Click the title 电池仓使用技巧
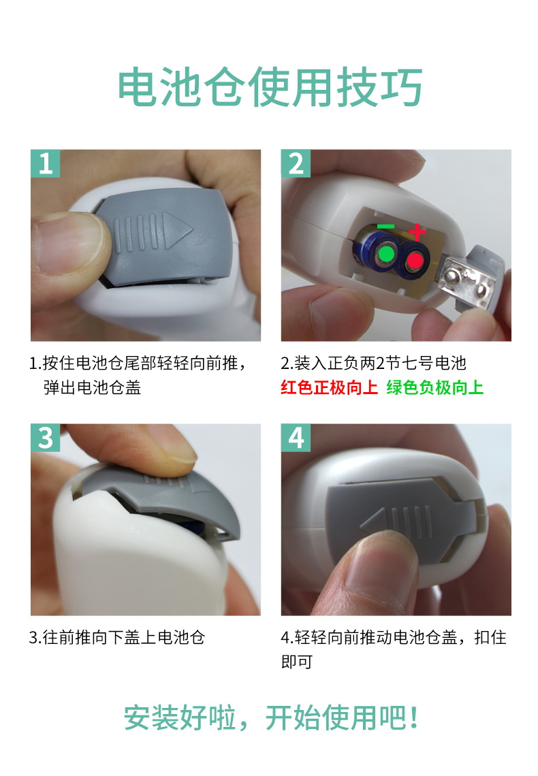click(270, 88)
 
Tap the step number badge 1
click(45, 163)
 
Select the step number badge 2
click(296, 163)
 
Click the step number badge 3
click(45, 438)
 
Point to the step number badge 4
click(296, 438)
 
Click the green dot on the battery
click(386, 255)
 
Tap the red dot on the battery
click(415, 260)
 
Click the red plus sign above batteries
click(417, 231)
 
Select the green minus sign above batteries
click(385, 227)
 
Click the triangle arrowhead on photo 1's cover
click(176, 230)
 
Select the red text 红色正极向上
click(329, 387)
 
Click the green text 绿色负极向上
click(435, 387)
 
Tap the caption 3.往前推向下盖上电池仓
click(117, 637)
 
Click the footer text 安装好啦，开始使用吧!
click(271, 718)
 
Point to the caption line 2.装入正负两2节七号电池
click(374, 363)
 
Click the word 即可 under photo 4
click(296, 662)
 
